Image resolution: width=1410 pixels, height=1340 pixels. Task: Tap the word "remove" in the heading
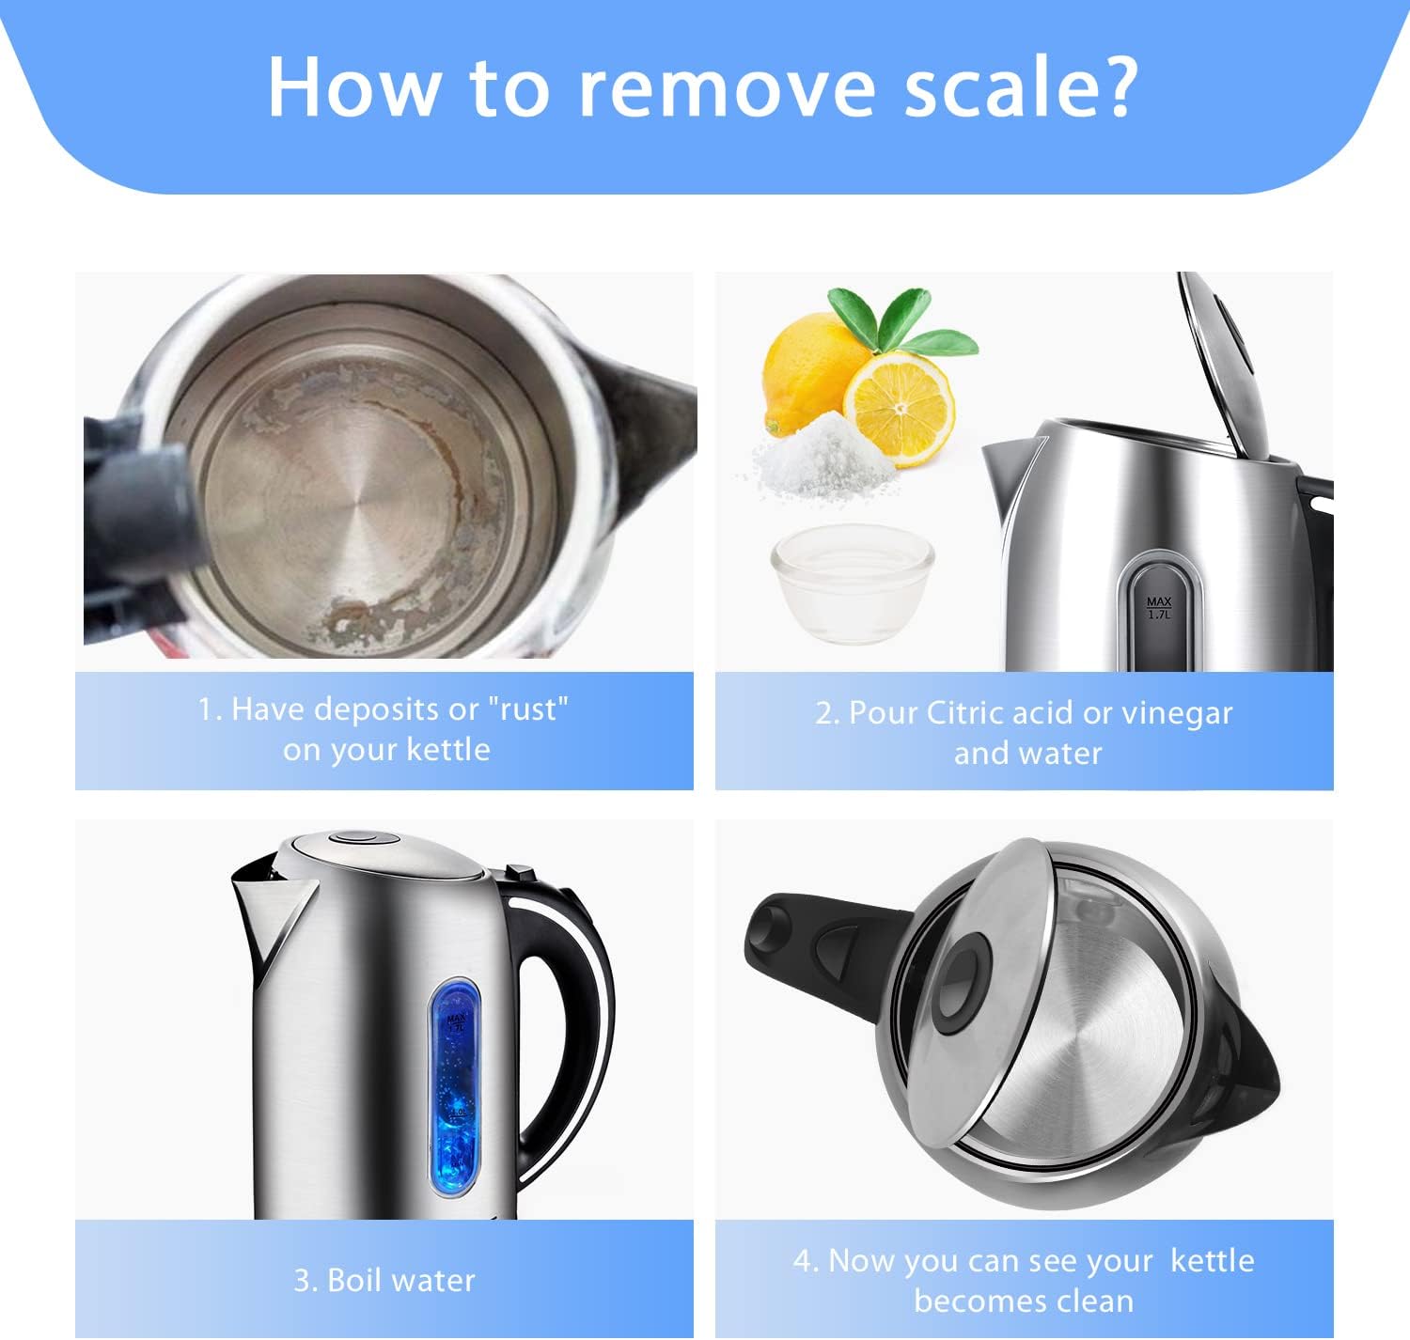tap(728, 89)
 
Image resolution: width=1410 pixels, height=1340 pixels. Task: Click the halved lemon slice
tap(899, 408)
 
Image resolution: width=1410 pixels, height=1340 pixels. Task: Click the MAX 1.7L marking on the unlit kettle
tap(1159, 608)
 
